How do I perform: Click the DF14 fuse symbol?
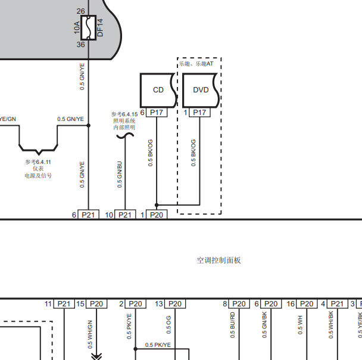[89, 28]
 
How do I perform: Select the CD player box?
[158, 91]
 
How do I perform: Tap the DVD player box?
[201, 91]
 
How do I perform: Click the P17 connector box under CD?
[157, 113]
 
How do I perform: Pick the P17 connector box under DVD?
[199, 113]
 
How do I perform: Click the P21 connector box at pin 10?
[125, 215]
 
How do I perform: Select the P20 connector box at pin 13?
[175, 303]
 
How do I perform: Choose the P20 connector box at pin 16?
[307, 303]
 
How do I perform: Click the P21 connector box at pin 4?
[338, 303]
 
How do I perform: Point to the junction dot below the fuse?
[89, 126]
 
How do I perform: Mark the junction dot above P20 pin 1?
[157, 205]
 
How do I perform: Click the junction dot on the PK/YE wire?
[136, 349]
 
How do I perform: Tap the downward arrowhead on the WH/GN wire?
[96, 356]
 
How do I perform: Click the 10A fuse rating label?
[77, 28]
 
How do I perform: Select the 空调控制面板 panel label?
[219, 260]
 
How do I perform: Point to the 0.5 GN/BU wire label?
[119, 175]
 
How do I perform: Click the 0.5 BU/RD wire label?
[232, 325]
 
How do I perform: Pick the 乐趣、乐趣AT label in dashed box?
[196, 64]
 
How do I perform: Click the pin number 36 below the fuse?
[81, 44]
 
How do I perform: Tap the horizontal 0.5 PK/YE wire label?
[158, 345]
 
